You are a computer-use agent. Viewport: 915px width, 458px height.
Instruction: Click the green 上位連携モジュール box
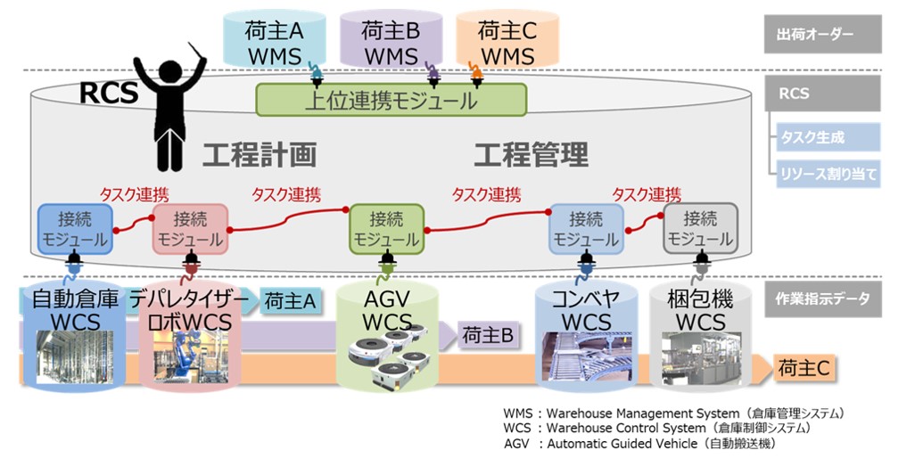click(x=391, y=100)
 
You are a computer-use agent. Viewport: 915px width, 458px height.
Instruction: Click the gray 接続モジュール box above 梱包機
click(x=700, y=228)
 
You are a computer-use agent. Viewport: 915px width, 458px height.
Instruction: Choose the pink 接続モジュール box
click(x=190, y=228)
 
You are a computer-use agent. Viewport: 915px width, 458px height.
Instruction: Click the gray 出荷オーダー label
click(x=821, y=35)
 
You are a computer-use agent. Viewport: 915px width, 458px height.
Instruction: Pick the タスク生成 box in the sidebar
click(x=825, y=137)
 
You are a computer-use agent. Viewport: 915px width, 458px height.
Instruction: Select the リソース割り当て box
click(x=825, y=173)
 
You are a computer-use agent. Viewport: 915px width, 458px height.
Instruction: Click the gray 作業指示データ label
click(x=821, y=299)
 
